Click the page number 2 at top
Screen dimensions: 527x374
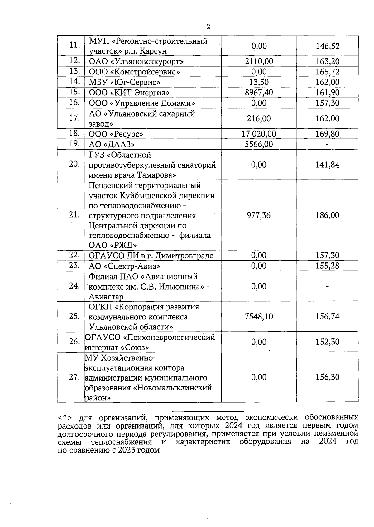pyautogui.click(x=208, y=27)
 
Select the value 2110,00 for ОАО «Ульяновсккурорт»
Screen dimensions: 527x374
pyautogui.click(x=259, y=61)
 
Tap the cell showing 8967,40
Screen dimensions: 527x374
pyautogui.click(x=259, y=93)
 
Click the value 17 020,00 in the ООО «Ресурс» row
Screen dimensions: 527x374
pyautogui.click(x=259, y=134)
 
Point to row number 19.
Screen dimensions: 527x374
pyautogui.click(x=74, y=144)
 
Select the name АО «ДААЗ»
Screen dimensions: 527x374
pyautogui.click(x=112, y=144)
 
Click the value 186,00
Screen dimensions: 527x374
pyautogui.click(x=327, y=215)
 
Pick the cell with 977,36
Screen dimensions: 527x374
pyautogui.click(x=259, y=215)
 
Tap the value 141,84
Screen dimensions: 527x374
pyautogui.click(x=327, y=165)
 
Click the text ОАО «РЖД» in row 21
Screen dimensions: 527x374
pyautogui.click(x=113, y=245)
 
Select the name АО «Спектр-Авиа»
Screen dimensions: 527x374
pyautogui.click(x=125, y=266)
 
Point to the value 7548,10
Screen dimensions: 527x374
pyautogui.click(x=259, y=317)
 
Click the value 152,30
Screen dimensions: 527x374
pyautogui.click(x=327, y=342)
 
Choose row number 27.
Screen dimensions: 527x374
pyautogui.click(x=74, y=377)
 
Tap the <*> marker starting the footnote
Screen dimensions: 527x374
pyautogui.click(x=65, y=418)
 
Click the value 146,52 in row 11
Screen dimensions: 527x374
pyautogui.click(x=327, y=46)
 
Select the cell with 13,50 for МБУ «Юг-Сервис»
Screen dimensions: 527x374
pyautogui.click(x=259, y=82)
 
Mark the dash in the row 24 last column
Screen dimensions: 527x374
pyautogui.click(x=327, y=286)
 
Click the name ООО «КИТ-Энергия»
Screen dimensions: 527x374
pyautogui.click(x=129, y=93)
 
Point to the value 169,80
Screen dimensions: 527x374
pyautogui.click(x=327, y=134)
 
